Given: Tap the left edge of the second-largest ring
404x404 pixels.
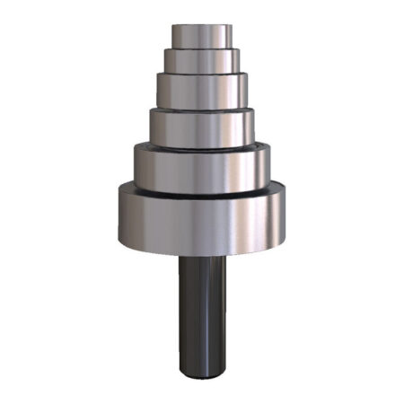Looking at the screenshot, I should point(136,166).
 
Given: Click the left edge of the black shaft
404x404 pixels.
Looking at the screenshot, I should point(180,314).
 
